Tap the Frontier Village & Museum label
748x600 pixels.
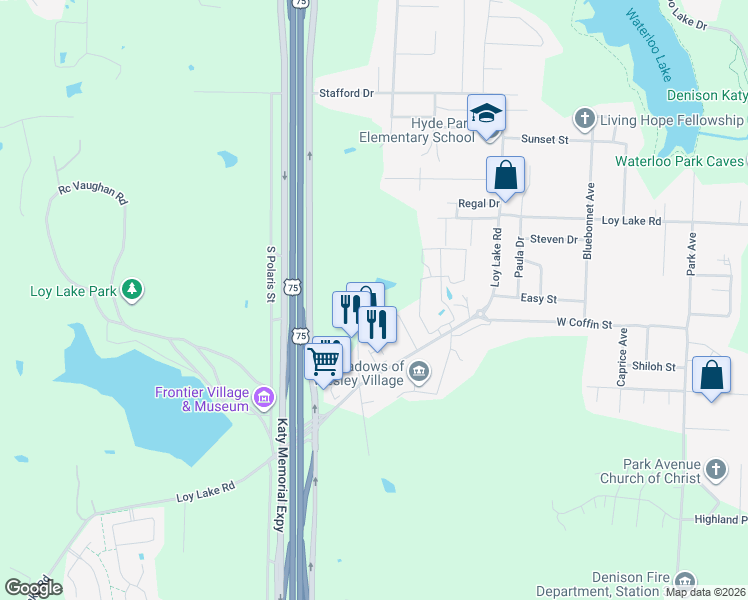coord(201,399)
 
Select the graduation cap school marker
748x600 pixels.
coord(486,114)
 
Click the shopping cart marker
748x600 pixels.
coord(324,361)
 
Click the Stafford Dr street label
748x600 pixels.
coord(346,93)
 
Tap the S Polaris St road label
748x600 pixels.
coord(270,274)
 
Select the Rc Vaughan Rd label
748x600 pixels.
coord(93,193)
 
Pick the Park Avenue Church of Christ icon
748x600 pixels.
coord(715,468)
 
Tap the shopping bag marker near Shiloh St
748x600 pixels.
coord(711,377)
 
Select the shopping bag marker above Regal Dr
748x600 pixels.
coord(506,175)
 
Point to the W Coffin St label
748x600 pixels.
coord(584,323)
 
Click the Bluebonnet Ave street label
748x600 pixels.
coord(589,234)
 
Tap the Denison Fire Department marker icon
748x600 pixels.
coord(685,581)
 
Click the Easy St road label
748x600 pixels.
coord(538,299)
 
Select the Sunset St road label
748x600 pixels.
coord(547,141)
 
